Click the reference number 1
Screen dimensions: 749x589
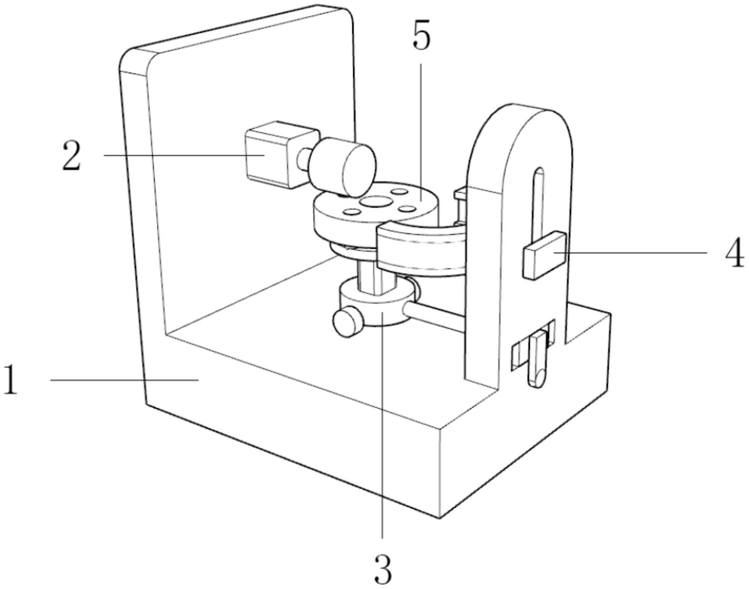(x=10, y=380)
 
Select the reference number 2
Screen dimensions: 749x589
(x=71, y=156)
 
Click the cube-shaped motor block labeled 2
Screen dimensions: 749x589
(x=269, y=158)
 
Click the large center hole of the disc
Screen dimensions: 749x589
(x=375, y=201)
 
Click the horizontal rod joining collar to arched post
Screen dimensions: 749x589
(x=436, y=317)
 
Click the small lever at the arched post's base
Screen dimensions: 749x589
(x=538, y=359)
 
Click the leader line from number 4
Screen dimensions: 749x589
(x=632, y=253)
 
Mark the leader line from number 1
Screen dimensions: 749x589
(x=124, y=380)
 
